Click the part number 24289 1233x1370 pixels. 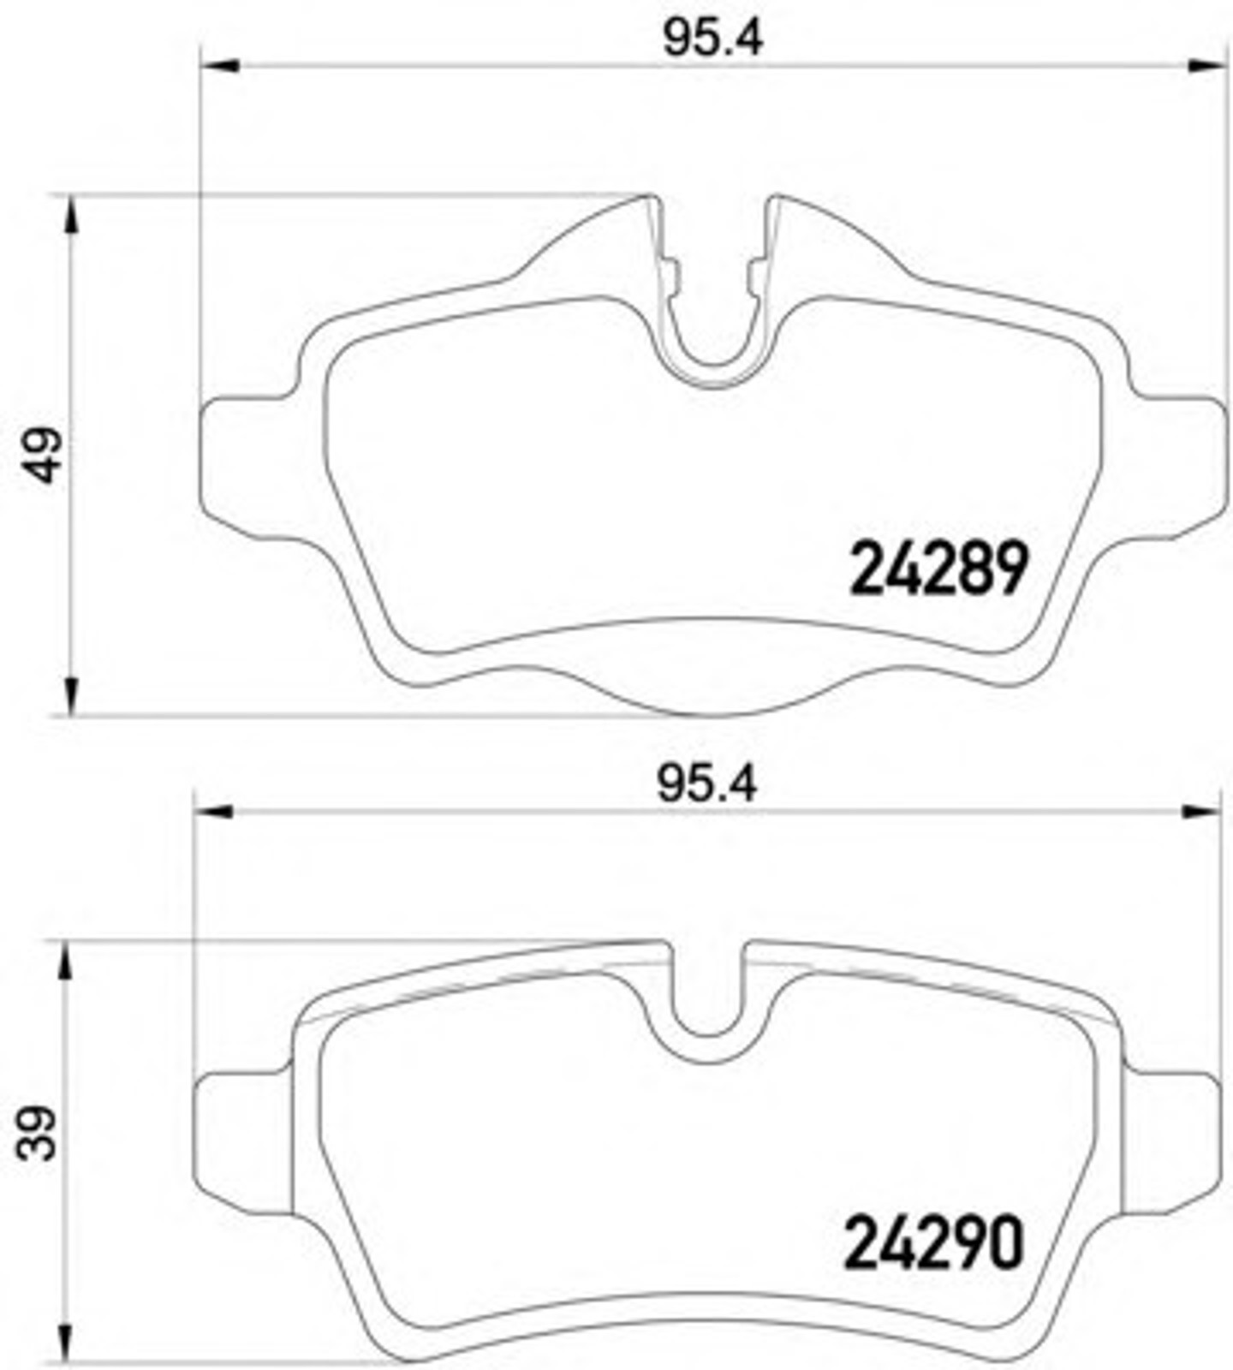[x=938, y=568]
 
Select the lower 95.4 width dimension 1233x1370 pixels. [x=707, y=784]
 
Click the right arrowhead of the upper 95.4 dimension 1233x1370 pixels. [x=1206, y=65]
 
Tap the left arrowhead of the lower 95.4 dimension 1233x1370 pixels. [x=213, y=811]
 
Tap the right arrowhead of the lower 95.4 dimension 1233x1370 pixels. [x=1199, y=811]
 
